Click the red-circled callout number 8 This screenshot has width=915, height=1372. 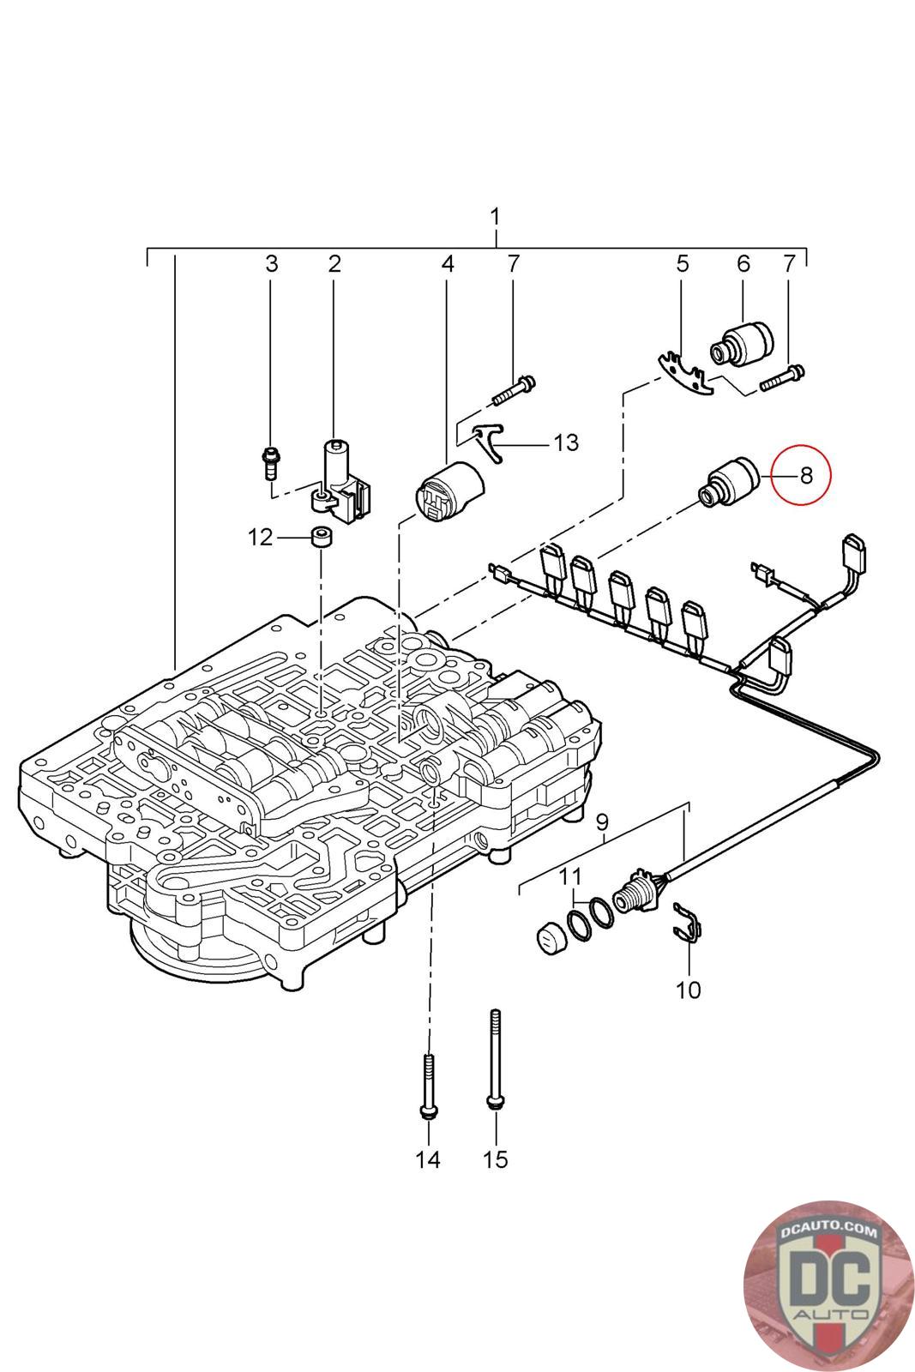pos(804,474)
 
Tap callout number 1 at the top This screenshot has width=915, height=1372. pos(495,217)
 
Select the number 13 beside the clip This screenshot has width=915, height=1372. pos(565,443)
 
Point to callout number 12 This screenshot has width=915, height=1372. pos(260,538)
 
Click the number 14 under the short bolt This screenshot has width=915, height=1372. pos(427,1159)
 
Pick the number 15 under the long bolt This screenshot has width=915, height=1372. pos(495,1159)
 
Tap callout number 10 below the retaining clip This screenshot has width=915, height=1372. pos(688,990)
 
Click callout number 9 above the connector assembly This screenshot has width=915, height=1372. pos(602,820)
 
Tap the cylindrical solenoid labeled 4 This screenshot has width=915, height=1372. pos(448,490)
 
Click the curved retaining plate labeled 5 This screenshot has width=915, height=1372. pos(685,376)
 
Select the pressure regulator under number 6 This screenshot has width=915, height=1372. pos(741,342)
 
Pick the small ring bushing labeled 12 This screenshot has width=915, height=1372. pos(322,539)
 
